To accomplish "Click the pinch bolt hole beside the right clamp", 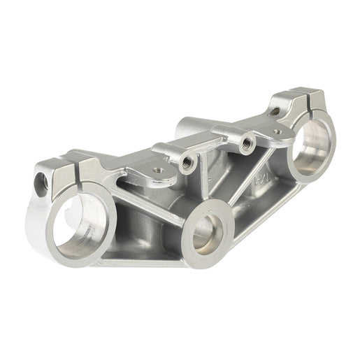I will (x=275, y=110).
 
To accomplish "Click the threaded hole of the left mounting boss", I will (x=187, y=163).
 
